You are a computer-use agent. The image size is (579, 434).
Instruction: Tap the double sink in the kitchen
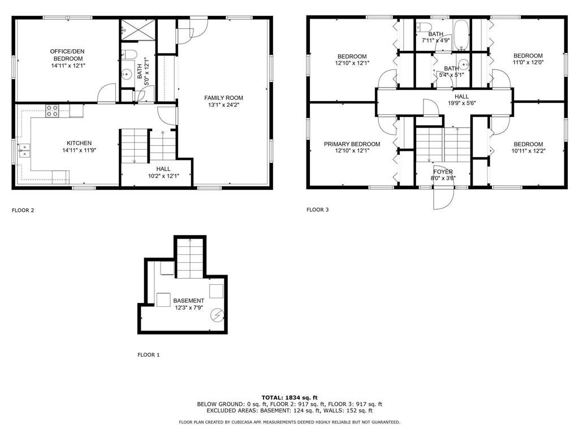coord(24,150)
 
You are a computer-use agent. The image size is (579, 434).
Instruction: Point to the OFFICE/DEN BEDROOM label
coord(68,55)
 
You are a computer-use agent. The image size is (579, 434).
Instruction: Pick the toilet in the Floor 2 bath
coord(128,55)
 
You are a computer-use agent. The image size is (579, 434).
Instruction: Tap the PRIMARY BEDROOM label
coord(352,144)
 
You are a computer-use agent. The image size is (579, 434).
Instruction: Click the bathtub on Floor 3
coord(461,32)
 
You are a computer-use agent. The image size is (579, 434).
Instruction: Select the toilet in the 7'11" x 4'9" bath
coord(425,27)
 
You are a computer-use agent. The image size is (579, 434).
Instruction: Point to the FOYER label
coord(443,172)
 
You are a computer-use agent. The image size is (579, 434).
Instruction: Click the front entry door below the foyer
coord(443,198)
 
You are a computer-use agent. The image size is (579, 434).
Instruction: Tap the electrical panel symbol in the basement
coord(217,314)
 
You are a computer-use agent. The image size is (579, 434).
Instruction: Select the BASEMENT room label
coord(188,301)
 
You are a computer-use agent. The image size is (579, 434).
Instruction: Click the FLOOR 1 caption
coord(149,355)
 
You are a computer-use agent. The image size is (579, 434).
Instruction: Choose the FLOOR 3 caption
coord(318,210)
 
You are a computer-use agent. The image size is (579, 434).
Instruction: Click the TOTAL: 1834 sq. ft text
coord(289,397)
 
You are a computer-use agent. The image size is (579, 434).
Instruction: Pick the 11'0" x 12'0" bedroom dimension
coord(528,63)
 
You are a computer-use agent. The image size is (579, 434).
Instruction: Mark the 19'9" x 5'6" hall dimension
coord(463,103)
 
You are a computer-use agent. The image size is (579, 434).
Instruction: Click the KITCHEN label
coord(79,143)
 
